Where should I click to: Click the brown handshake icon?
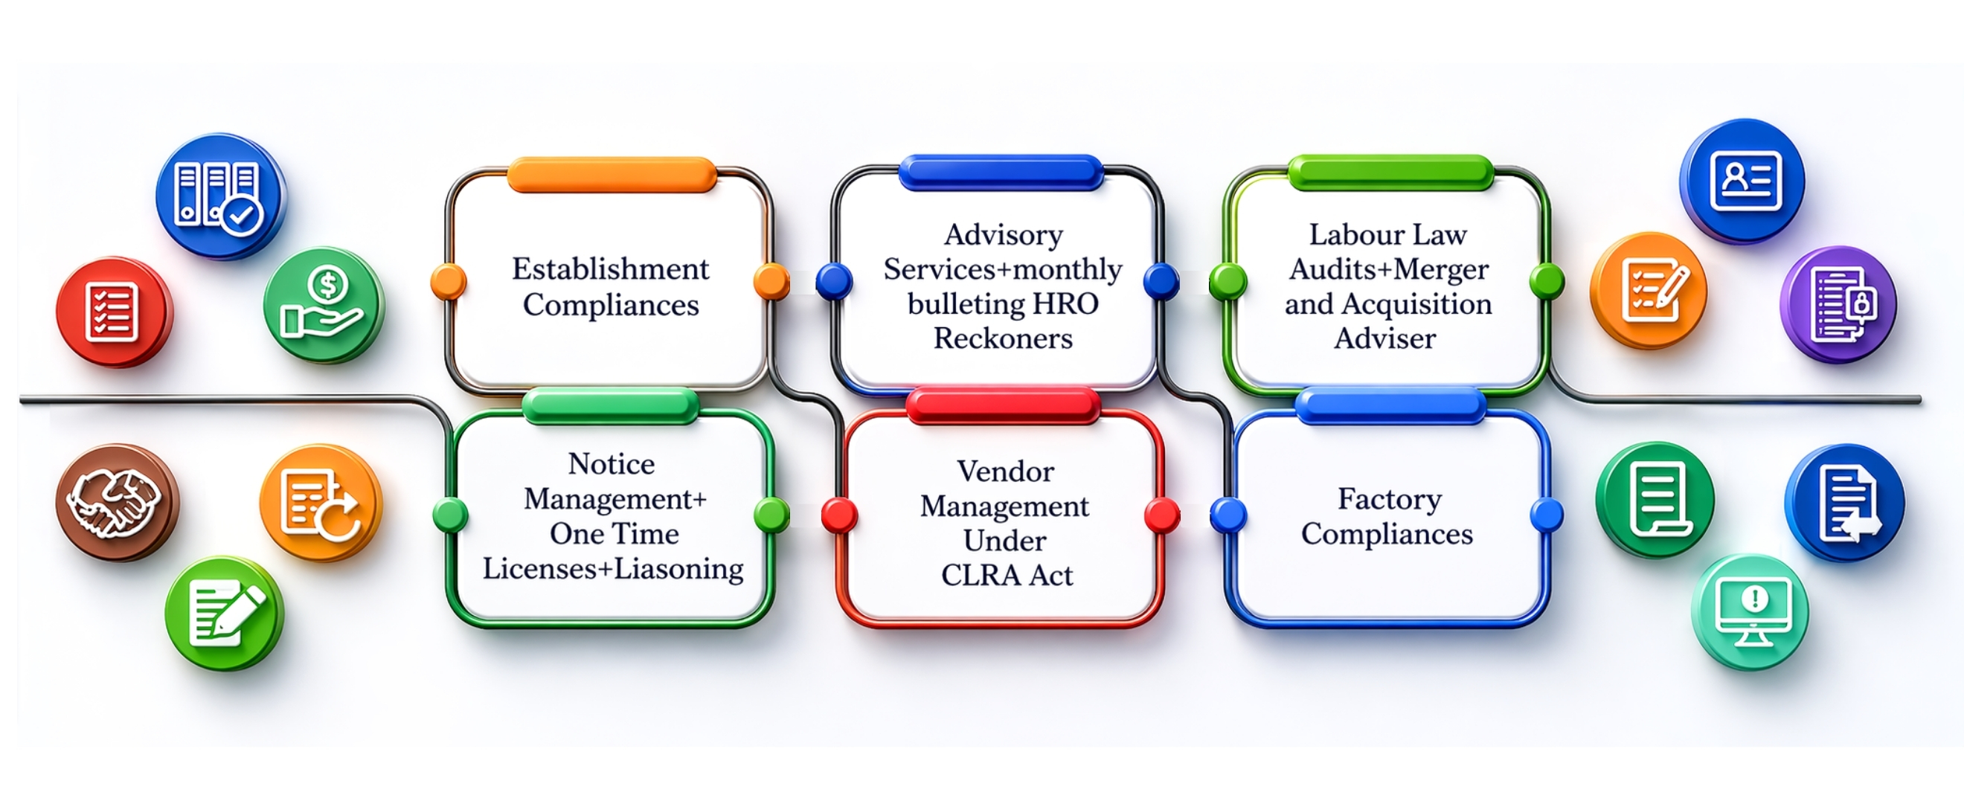pyautogui.click(x=117, y=502)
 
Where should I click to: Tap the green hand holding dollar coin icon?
pyautogui.click(x=324, y=304)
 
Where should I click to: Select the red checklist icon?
pyautogui.click(x=115, y=312)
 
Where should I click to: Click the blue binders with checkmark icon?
pyautogui.click(x=220, y=196)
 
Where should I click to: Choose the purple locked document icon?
pyautogui.click(x=1838, y=304)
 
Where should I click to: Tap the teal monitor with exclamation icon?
pyautogui.click(x=1750, y=612)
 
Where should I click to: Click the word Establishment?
pyautogui.click(x=610, y=269)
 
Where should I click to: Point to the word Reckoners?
pyautogui.click(x=1003, y=338)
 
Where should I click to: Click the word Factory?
pyautogui.click(x=1389, y=500)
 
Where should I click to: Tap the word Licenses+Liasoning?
pyautogui.click(x=613, y=568)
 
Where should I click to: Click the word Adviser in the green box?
pyautogui.click(x=1384, y=338)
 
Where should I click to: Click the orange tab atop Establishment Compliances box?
pyautogui.click(x=612, y=175)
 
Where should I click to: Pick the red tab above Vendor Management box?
pyautogui.click(x=1003, y=405)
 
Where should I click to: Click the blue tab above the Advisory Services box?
pyautogui.click(x=1001, y=173)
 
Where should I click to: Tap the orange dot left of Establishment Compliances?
pyautogui.click(x=449, y=281)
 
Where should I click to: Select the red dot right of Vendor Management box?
pyautogui.click(x=1162, y=515)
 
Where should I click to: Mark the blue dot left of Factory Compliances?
pyautogui.click(x=1227, y=515)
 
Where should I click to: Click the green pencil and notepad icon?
pyautogui.click(x=224, y=614)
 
